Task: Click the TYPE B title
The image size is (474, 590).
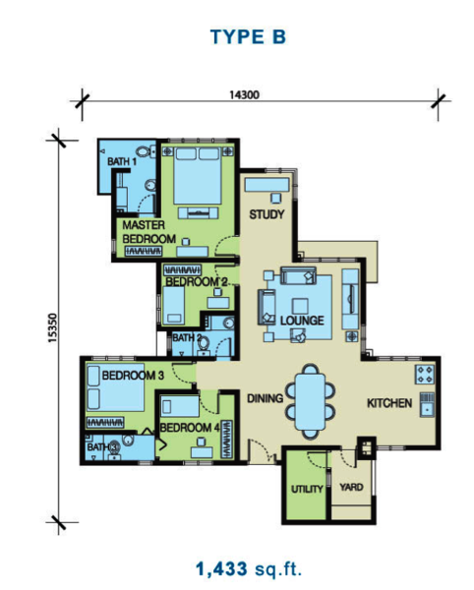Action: click(248, 37)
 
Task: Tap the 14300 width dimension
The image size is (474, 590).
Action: click(245, 94)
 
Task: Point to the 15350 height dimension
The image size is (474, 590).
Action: click(53, 327)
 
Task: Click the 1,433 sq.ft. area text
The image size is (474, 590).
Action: click(249, 568)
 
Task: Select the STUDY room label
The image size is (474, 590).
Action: click(267, 214)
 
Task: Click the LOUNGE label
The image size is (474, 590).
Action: click(302, 321)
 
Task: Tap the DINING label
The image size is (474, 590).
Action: click(265, 398)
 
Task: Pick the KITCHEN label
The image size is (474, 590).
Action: click(389, 403)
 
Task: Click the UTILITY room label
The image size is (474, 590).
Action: click(307, 489)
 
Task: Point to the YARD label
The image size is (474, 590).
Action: click(351, 488)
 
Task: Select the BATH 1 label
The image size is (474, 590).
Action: click(122, 161)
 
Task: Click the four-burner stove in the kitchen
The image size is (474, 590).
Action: click(425, 374)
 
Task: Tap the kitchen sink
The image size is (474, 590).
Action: click(427, 404)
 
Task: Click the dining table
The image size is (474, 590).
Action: click(310, 401)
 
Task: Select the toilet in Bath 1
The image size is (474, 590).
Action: click(145, 151)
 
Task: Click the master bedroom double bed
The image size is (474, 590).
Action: click(197, 176)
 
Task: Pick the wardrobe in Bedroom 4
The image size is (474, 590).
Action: click(227, 440)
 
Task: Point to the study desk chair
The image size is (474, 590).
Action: click(276, 198)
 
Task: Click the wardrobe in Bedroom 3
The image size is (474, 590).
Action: click(105, 423)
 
